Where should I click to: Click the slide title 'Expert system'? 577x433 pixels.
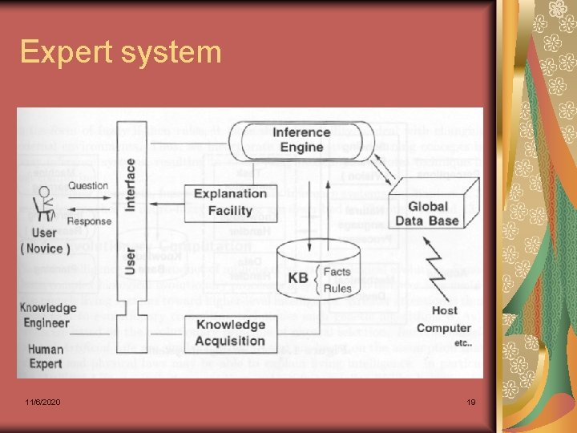point(120,53)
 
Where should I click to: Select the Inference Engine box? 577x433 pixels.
point(301,140)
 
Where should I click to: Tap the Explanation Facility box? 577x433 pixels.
point(230,202)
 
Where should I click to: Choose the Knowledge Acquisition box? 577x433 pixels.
point(231,333)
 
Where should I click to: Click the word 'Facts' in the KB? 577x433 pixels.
point(337,272)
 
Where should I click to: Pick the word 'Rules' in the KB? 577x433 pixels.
point(337,289)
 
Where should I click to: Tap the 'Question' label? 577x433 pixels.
point(88,186)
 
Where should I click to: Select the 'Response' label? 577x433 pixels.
point(89,221)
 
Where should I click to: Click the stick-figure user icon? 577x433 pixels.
point(43,203)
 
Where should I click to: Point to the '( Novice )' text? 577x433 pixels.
point(45,249)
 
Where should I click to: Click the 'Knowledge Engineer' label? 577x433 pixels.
point(48,315)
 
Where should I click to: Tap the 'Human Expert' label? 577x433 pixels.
point(46,356)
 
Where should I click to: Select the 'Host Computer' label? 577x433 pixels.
point(443,319)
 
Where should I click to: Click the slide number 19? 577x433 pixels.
point(471,402)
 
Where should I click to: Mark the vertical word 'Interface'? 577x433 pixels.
point(130,184)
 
